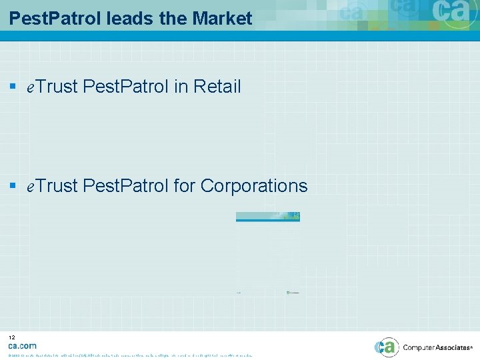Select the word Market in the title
pos(222,19)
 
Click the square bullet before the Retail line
pos(13,87)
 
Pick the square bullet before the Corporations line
pos(13,186)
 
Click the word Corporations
pos(254,186)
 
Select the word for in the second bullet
pos(184,186)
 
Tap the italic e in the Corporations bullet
pos(30,187)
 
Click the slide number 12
pos(11,338)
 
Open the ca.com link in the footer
pos(22,346)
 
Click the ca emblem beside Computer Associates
pos(387,347)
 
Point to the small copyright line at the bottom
pos(130,355)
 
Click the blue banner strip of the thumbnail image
pos(268,216)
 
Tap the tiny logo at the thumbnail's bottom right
pos(293,292)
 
